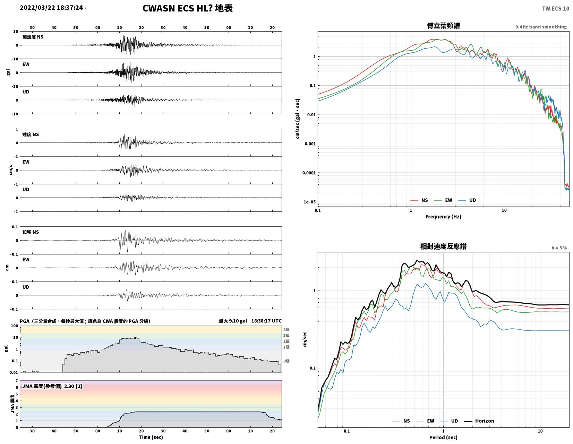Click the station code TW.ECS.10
tap(555, 8)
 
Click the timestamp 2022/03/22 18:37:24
tap(51, 8)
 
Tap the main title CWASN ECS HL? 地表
tap(188, 8)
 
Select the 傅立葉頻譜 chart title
tap(443, 26)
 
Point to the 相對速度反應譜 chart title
tap(443, 246)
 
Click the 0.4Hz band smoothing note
tap(541, 27)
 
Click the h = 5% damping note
tap(559, 248)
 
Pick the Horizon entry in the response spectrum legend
tap(485, 421)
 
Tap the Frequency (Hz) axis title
tap(443, 217)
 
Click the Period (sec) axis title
tap(443, 437)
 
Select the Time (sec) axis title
tap(151, 437)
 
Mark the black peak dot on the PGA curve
tap(135, 338)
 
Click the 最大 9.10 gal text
tap(233, 321)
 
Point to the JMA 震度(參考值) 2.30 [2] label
tap(52, 386)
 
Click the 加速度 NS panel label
tap(33, 37)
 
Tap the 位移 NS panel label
tap(31, 232)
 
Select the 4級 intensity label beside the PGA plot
tap(286, 329)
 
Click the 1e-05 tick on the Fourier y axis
tap(309, 202)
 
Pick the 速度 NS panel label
tap(31, 135)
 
